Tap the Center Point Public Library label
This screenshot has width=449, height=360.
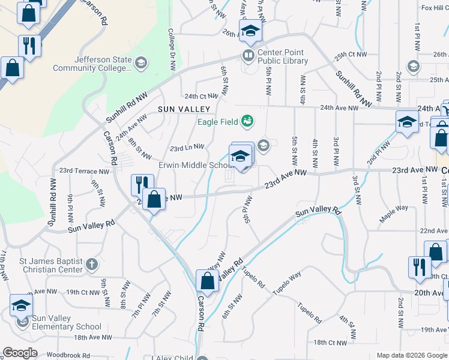point(282,56)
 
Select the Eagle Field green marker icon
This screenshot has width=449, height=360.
point(247,122)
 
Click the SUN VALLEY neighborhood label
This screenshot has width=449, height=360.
point(184,109)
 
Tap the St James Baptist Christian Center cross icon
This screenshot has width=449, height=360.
point(91,264)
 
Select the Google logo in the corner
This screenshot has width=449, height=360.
point(20,352)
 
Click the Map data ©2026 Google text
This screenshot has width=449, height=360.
point(411,355)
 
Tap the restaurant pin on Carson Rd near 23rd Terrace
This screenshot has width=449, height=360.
point(142,184)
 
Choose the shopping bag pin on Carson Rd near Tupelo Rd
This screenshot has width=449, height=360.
point(207,281)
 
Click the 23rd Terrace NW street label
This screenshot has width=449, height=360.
point(82,171)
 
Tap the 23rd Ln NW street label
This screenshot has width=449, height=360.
point(187,146)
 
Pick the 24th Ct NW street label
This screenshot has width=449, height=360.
point(202,96)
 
